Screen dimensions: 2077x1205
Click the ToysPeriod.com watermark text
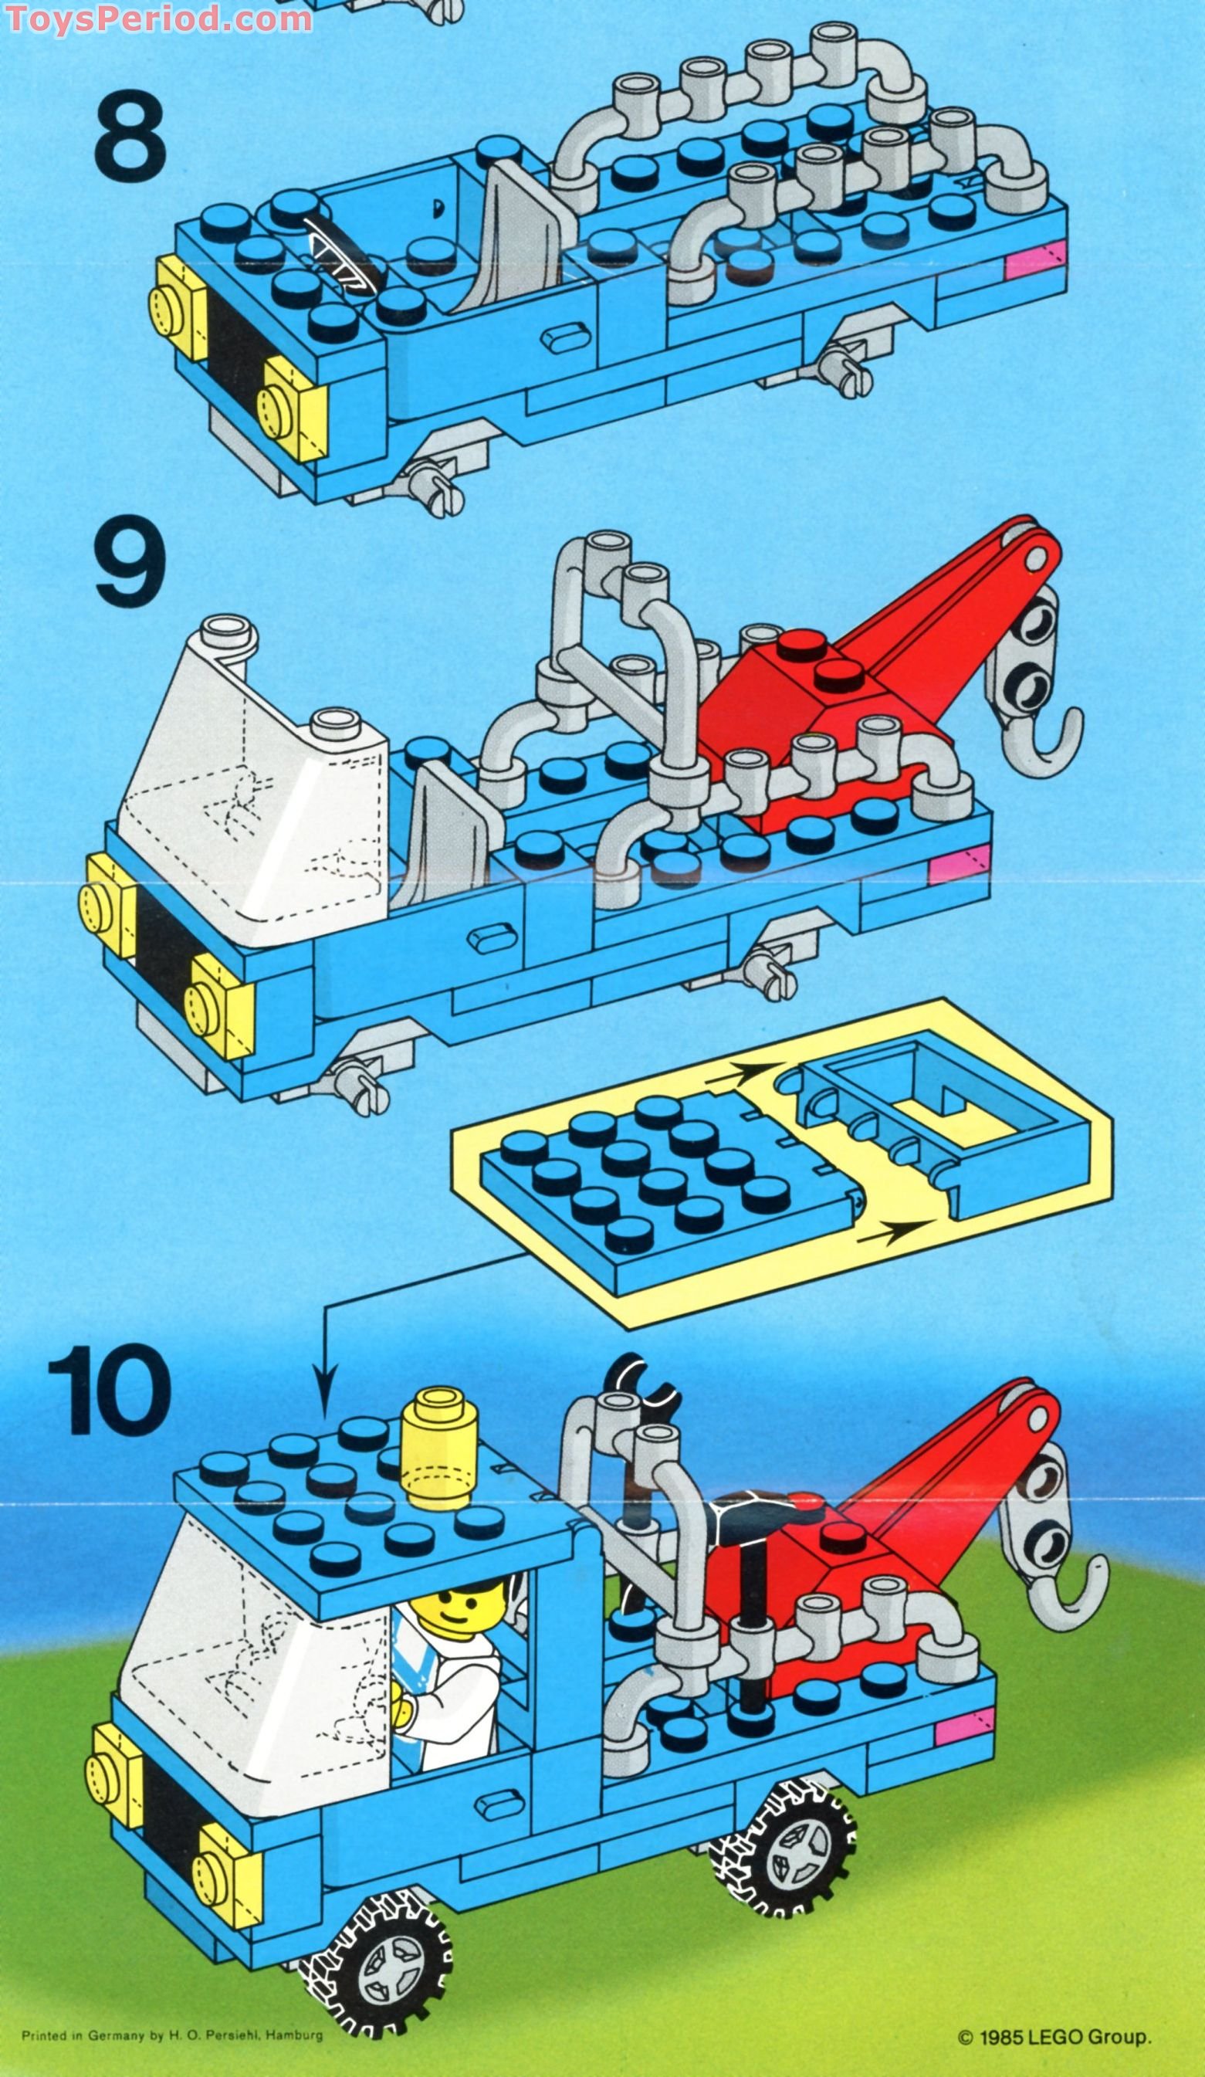157,16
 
